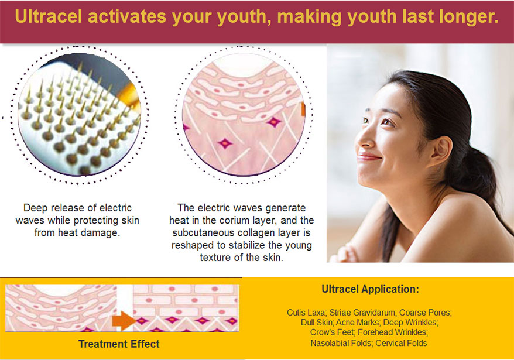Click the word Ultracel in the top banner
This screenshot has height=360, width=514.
coord(48,16)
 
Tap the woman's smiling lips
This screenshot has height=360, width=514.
coord(368,157)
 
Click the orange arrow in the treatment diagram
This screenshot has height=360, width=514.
coord(124,321)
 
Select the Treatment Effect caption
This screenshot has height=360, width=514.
coord(119,344)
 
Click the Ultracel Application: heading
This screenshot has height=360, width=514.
coord(370,289)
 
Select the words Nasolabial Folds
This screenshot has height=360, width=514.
coord(341,343)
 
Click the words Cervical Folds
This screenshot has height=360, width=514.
coord(401,343)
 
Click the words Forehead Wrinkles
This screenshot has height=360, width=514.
coord(393,332)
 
